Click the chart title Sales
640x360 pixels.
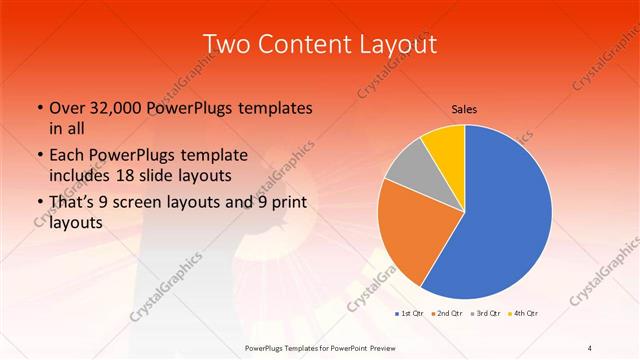[x=463, y=109]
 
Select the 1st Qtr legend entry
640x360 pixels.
[x=410, y=313]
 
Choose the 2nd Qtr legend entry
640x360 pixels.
[x=447, y=313]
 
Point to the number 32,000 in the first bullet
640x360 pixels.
[x=124, y=107]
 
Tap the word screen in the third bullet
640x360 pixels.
[x=156, y=203]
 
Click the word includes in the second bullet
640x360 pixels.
[x=83, y=175]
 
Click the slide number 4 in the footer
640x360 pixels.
[x=590, y=347]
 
